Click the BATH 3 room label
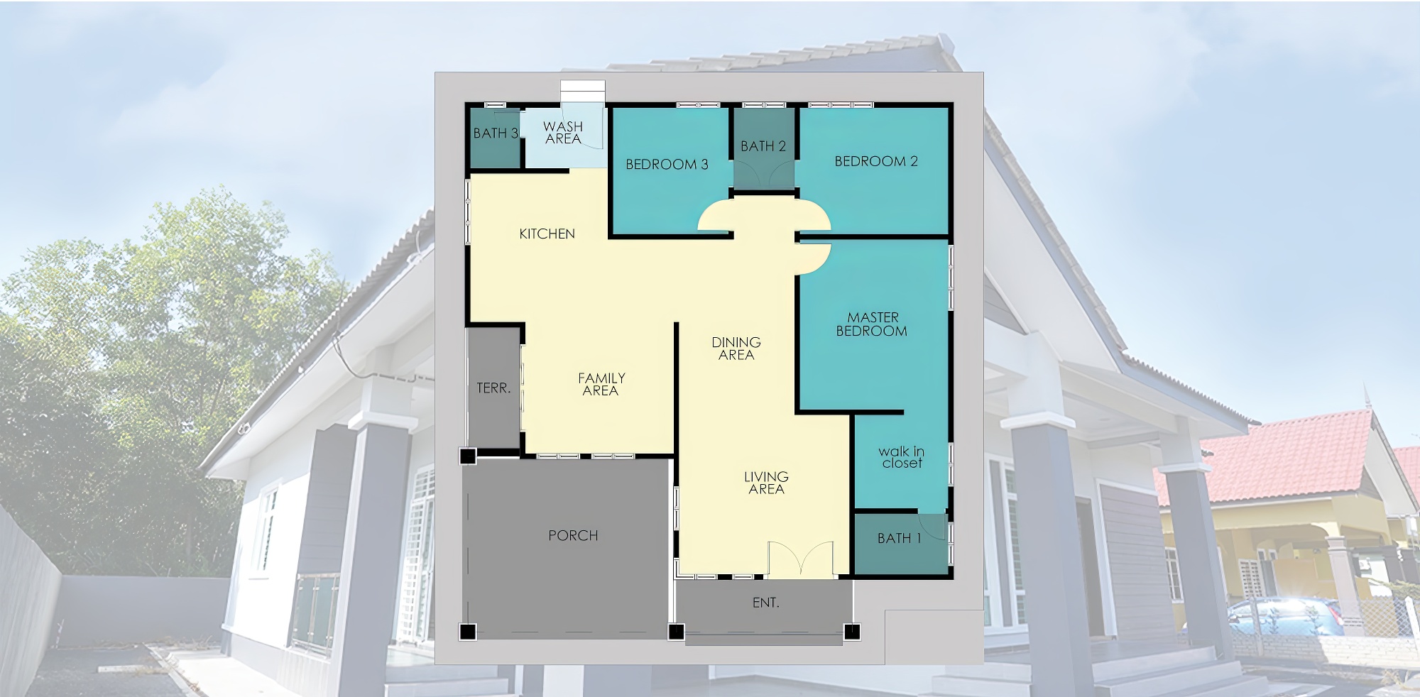(x=496, y=133)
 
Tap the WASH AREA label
(x=563, y=133)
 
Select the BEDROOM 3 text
(x=667, y=165)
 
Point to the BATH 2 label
(x=763, y=146)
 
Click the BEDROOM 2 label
(x=876, y=161)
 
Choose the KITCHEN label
(x=547, y=234)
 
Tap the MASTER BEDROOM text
(x=872, y=324)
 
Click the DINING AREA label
(x=736, y=348)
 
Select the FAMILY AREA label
(x=601, y=384)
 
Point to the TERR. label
(x=493, y=388)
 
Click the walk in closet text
(x=902, y=457)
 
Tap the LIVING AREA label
(x=766, y=483)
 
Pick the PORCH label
(x=573, y=535)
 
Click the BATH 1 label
(x=899, y=538)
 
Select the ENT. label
(x=765, y=603)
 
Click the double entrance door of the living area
(x=801, y=559)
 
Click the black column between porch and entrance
(x=676, y=631)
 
